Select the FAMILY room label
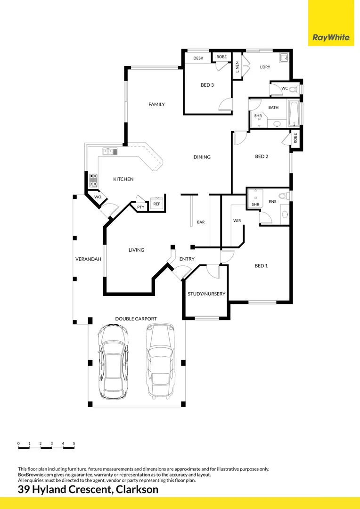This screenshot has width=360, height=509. [156, 104]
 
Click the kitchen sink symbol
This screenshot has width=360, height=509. [111, 151]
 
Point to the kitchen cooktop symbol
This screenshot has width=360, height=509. [93, 180]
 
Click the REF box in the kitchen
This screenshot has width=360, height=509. [156, 204]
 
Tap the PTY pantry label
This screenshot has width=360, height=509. [140, 207]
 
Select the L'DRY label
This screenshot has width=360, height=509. [265, 67]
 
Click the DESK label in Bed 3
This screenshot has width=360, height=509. [198, 58]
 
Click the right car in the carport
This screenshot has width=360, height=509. [159, 361]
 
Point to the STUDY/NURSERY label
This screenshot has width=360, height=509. [206, 294]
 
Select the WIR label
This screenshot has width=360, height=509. [237, 221]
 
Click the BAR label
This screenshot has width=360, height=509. [201, 222]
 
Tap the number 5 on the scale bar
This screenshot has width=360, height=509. [74, 443]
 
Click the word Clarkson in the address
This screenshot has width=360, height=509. [137, 490]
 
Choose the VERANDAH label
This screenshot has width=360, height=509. [89, 259]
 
